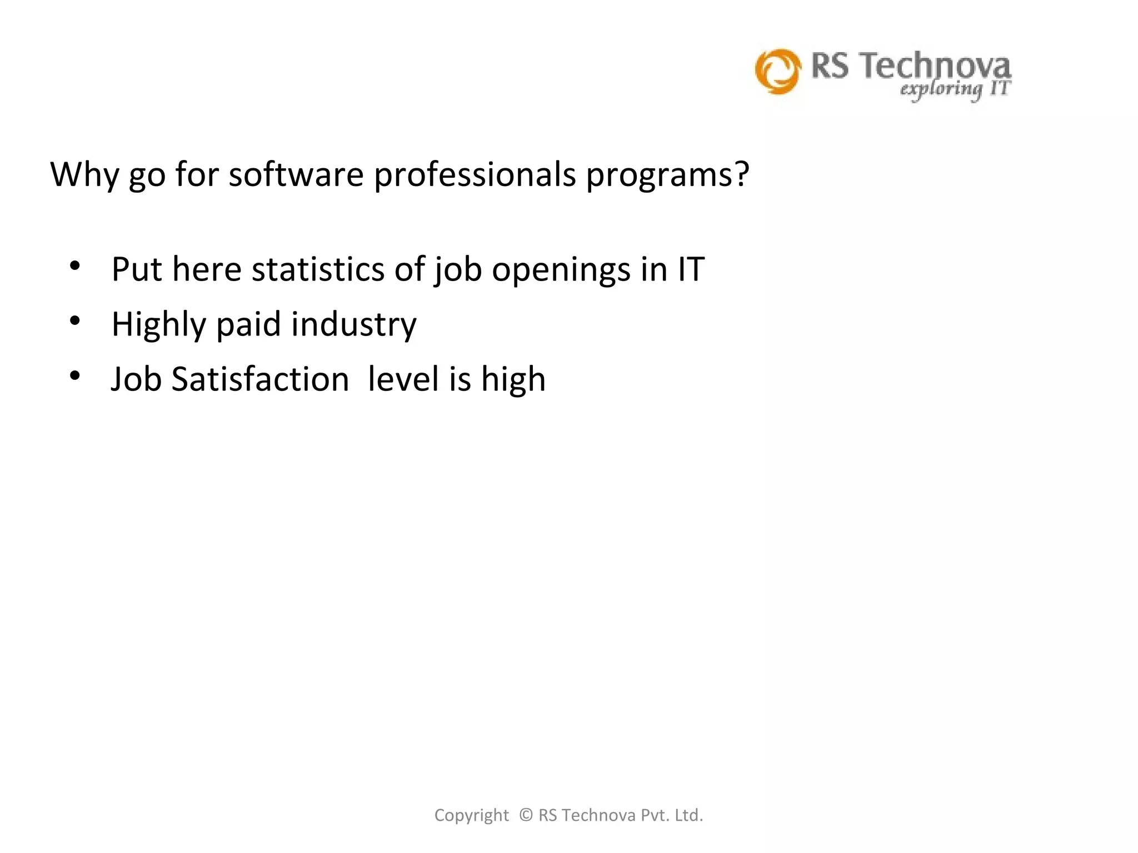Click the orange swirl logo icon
click(778, 71)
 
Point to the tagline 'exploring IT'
click(955, 89)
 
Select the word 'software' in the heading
click(296, 174)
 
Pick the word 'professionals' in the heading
click(475, 175)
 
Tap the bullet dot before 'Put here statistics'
click(75, 266)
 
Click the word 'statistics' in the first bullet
click(318, 269)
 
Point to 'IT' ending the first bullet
click(691, 269)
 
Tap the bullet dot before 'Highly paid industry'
click(75, 321)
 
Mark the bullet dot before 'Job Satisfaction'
click(75, 376)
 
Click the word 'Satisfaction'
click(260, 379)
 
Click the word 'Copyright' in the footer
click(471, 815)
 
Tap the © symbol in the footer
click(526, 815)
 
